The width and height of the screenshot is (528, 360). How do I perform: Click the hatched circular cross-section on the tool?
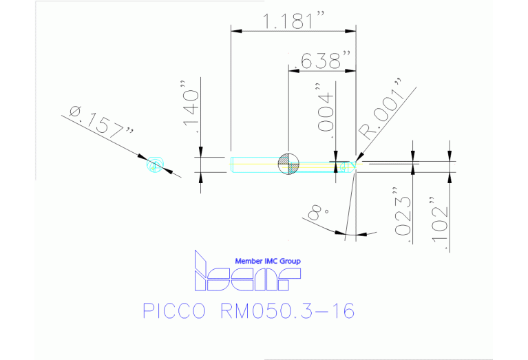288,164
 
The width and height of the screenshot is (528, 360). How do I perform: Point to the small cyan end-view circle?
155,165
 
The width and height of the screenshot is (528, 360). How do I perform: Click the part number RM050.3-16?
287,311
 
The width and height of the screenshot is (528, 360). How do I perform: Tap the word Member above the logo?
249,261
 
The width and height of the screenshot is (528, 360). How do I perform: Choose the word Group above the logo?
290,261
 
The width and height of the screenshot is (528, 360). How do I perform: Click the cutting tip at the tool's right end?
354,164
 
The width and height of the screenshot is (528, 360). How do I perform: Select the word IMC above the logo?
271,261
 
